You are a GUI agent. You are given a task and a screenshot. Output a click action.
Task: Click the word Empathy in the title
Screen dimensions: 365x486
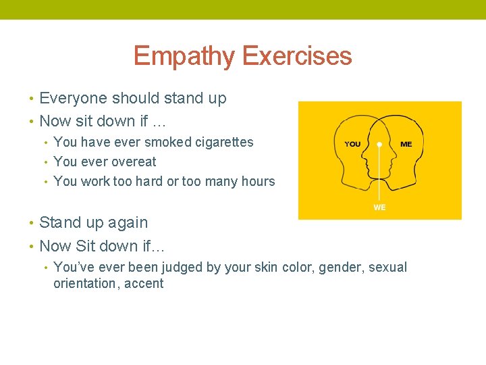click(x=184, y=56)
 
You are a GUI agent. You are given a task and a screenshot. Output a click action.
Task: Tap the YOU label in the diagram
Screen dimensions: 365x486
click(x=352, y=144)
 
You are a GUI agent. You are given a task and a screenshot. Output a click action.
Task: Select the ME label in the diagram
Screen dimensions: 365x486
click(x=406, y=144)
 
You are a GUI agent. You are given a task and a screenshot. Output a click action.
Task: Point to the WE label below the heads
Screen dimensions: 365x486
click(x=379, y=208)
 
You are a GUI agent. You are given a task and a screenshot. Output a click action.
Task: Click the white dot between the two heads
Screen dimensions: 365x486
click(x=379, y=144)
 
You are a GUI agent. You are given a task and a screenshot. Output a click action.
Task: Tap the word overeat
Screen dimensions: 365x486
click(x=133, y=162)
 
